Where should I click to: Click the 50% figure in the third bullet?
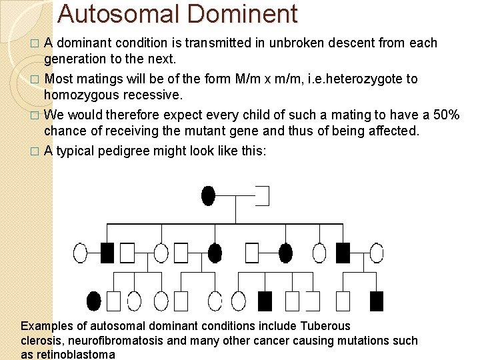coord(446,115)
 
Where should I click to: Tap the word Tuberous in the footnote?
coord(325,326)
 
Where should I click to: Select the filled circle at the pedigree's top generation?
coord(208,196)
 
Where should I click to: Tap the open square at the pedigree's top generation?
coord(262,196)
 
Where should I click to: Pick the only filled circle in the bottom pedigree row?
coord(94,301)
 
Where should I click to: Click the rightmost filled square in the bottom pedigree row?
coord(377,301)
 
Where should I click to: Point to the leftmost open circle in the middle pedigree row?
coord(80,253)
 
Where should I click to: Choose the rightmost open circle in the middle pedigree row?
coord(377,253)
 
